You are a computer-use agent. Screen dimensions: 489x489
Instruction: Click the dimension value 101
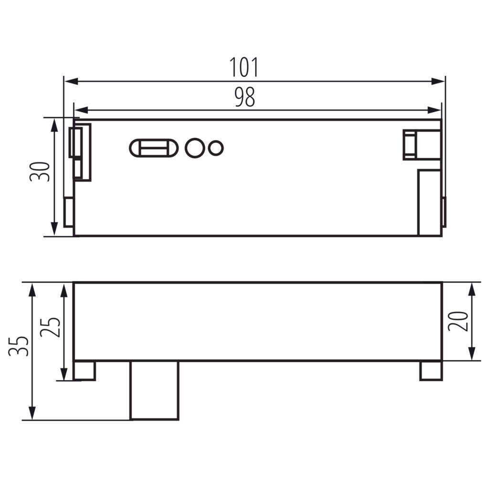(244, 67)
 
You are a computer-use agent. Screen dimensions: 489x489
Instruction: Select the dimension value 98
(245, 97)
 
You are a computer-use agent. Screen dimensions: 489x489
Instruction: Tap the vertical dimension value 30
(40, 171)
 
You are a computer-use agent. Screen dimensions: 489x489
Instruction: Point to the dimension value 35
(19, 346)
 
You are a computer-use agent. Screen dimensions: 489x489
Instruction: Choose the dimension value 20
(458, 321)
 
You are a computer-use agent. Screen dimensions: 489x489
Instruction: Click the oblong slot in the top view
(154, 148)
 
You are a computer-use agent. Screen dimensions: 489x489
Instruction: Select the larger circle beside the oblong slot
(195, 148)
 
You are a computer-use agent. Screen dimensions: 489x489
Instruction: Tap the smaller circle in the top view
(215, 148)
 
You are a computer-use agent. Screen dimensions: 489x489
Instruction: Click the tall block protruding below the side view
(154, 390)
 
